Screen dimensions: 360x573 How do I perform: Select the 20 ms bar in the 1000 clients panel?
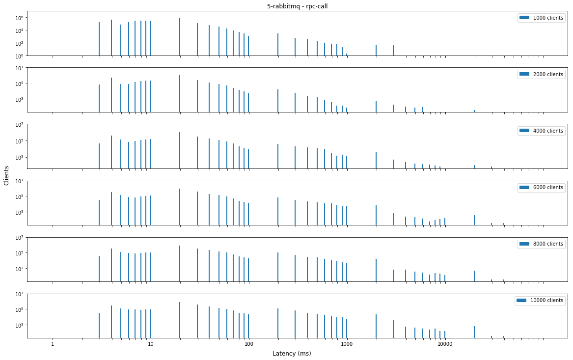point(180,37)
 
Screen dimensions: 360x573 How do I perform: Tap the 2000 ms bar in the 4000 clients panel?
point(376,160)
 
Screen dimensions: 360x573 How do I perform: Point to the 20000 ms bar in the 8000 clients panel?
point(474,276)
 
